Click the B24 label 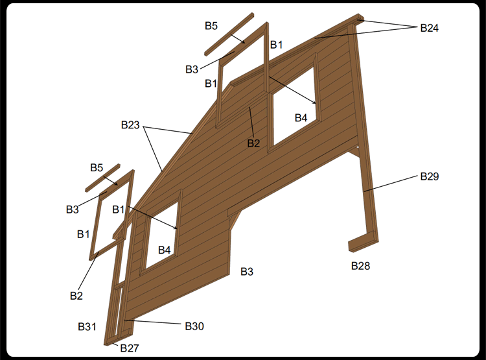(x=429, y=28)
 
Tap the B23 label (x=130, y=125)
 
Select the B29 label (x=429, y=176)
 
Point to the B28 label (x=360, y=266)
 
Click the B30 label (x=194, y=326)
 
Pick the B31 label (x=87, y=326)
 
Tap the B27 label (x=130, y=348)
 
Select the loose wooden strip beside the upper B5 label (x=229, y=34)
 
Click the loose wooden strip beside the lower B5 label (x=102, y=178)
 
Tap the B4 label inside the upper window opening (x=301, y=118)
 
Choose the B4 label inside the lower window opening (x=165, y=250)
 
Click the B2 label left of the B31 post (x=76, y=296)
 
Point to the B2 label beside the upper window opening (x=253, y=143)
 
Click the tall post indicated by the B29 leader (x=365, y=130)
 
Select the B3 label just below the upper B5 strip (x=192, y=69)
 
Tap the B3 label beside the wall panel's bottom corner (x=247, y=272)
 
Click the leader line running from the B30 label (x=152, y=322)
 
